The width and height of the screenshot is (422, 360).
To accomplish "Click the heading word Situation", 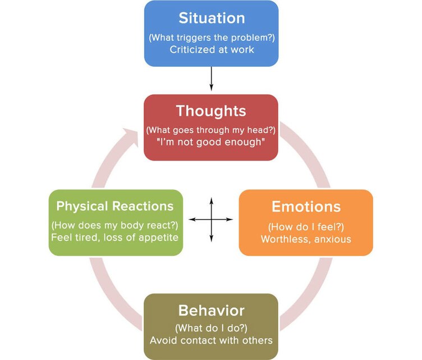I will (211, 18).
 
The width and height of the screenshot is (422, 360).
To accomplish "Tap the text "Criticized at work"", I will (211, 49).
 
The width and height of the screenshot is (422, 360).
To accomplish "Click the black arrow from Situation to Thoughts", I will (211, 79).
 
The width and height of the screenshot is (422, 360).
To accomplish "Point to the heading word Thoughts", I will (211, 111).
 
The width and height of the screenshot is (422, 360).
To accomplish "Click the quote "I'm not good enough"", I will (211, 143).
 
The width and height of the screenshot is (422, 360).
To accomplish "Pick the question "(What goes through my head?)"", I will (211, 130).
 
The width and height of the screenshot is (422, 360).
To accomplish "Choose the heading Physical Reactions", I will (115, 206).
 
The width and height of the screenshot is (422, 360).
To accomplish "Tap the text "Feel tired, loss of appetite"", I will (115, 238).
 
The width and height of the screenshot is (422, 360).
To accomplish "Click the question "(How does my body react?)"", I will (115, 225).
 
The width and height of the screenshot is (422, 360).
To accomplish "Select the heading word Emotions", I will (306, 207).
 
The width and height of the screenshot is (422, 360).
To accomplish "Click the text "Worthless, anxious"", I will (306, 239).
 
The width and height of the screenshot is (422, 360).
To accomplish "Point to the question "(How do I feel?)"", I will (306, 227).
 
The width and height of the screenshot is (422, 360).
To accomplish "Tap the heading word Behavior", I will (211, 311).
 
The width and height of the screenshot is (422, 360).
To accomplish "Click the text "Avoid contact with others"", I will (211, 340).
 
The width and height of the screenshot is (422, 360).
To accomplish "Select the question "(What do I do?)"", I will (211, 328).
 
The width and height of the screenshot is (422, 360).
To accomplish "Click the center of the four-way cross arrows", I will (211, 219).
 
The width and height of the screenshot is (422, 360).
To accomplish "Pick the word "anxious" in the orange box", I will (332, 239).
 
